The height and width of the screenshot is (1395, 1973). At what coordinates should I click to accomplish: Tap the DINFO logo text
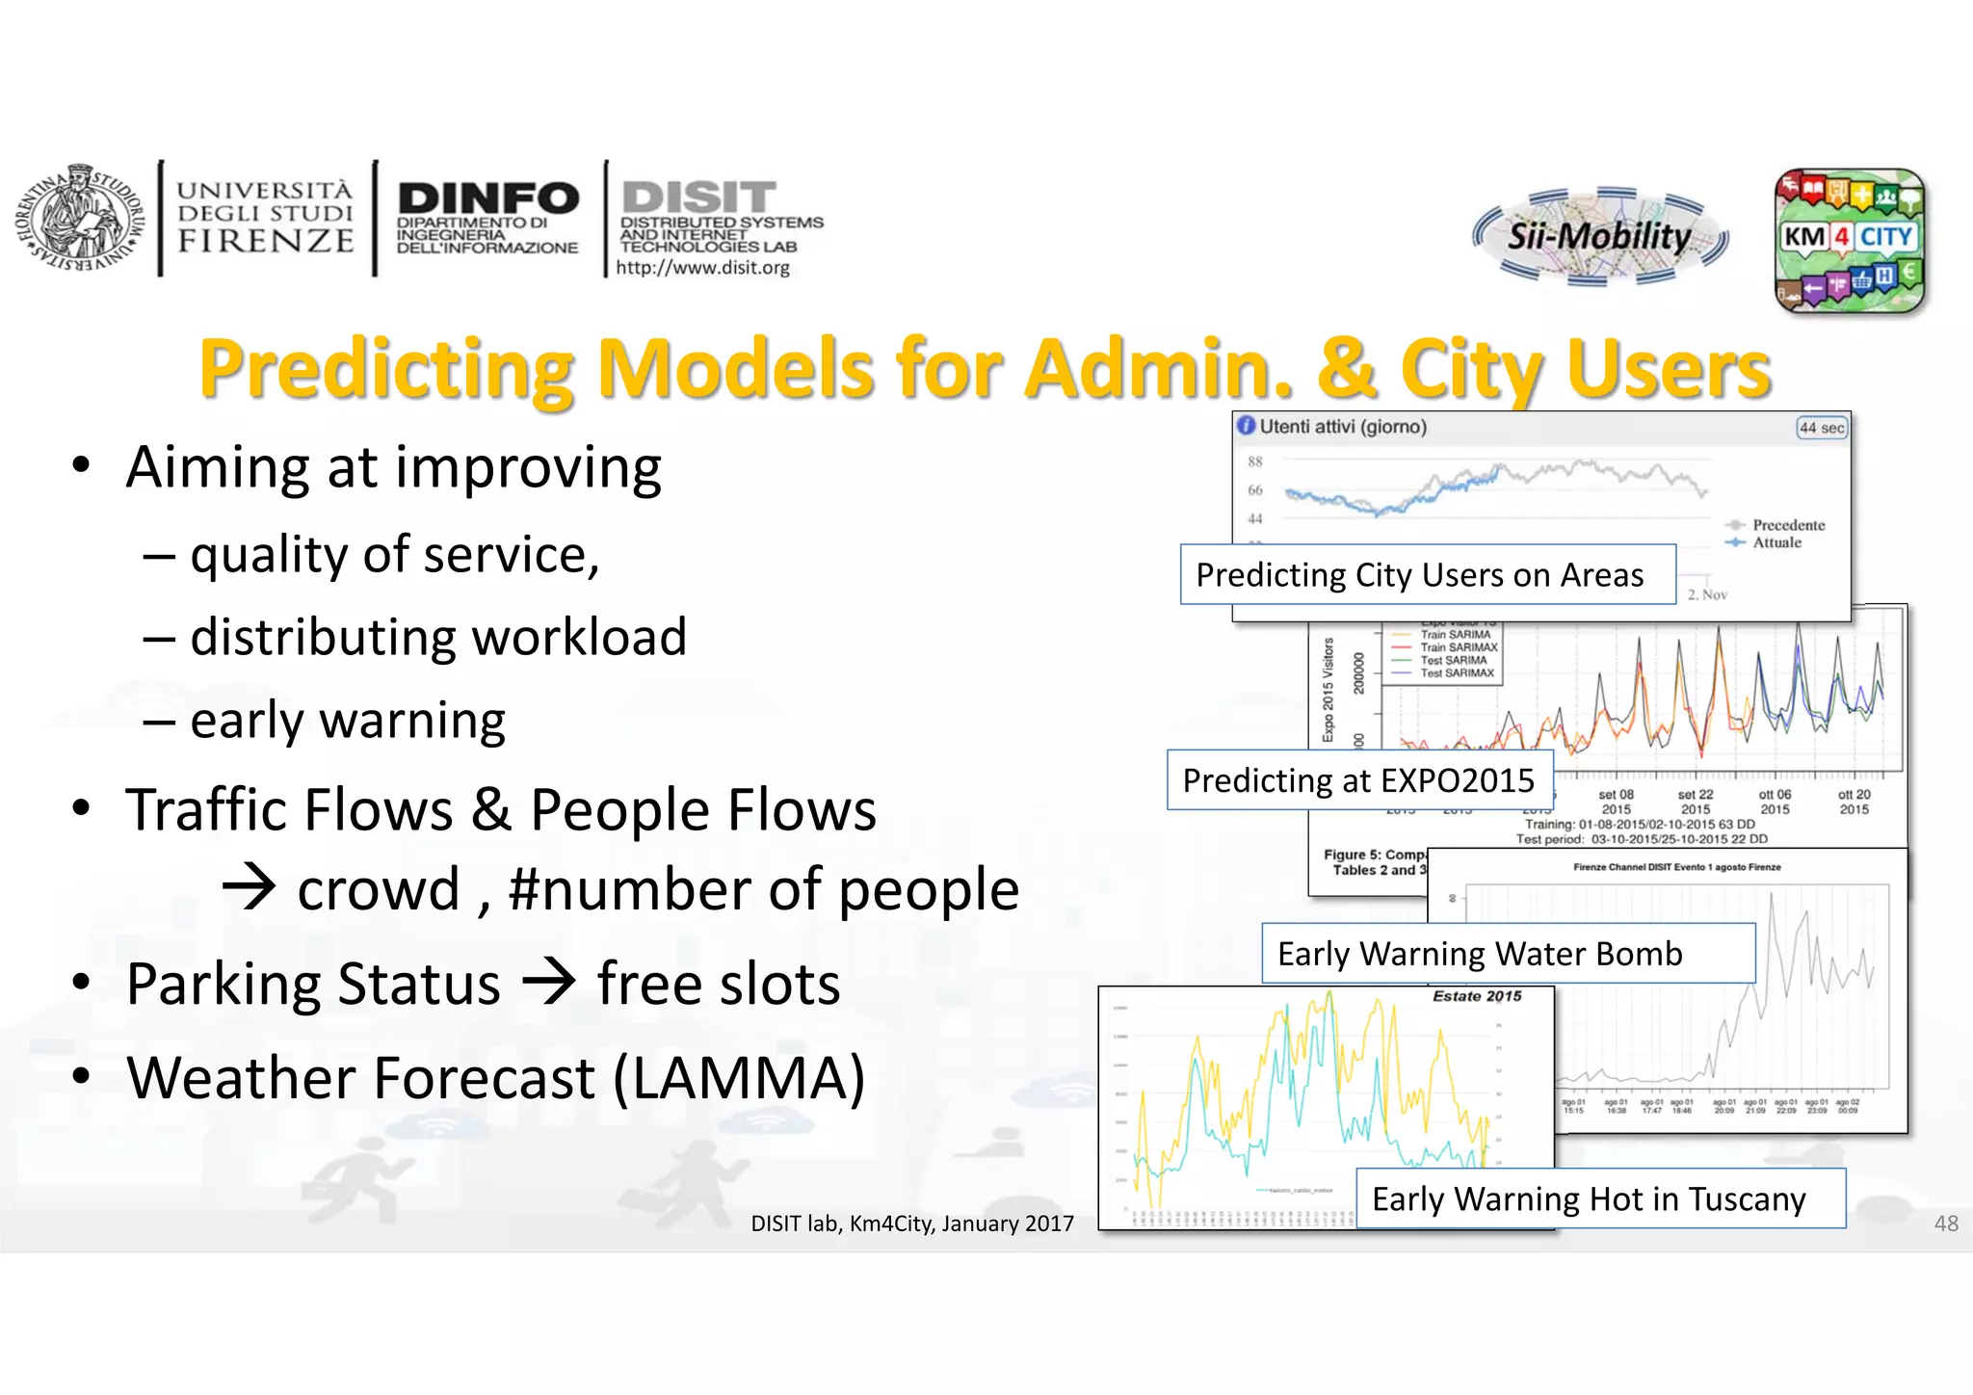tap(488, 199)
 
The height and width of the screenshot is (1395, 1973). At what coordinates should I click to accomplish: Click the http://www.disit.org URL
tap(702, 268)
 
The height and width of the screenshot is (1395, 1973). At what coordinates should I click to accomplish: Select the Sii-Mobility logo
tap(1600, 236)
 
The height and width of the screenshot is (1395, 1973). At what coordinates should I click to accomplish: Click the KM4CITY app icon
tap(1849, 241)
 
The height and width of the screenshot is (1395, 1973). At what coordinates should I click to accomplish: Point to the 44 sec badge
tap(1822, 428)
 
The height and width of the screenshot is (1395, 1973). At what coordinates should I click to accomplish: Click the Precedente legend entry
tap(1788, 525)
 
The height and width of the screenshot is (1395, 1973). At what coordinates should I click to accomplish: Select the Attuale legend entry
tap(1776, 542)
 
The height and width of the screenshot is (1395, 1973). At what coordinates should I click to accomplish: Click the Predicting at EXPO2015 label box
tap(1358, 780)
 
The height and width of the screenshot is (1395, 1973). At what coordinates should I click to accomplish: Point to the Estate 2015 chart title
tap(1477, 996)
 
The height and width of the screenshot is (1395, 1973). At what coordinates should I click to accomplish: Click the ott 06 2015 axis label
tap(1775, 802)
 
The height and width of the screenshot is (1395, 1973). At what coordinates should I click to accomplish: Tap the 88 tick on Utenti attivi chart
tap(1255, 461)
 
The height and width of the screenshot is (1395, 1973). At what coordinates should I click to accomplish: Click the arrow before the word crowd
tap(250, 887)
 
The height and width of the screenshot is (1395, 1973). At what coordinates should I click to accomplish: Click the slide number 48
tap(1946, 1224)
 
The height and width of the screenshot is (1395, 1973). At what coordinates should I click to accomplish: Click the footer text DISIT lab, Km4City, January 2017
tap(911, 1224)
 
